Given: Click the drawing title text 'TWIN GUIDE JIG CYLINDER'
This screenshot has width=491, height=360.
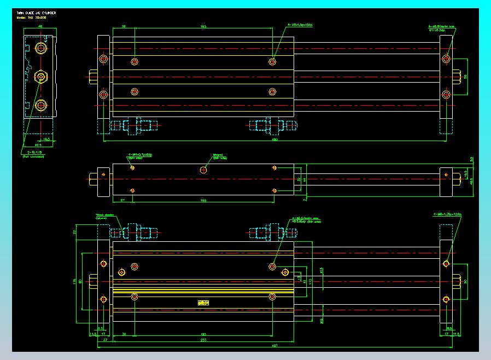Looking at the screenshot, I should pyautogui.click(x=36, y=12).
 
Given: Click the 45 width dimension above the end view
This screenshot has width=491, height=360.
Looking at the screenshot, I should pyautogui.click(x=40, y=26).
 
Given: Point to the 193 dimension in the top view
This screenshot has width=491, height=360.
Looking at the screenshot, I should pyautogui.click(x=203, y=26).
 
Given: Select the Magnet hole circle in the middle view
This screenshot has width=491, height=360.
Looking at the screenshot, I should pyautogui.click(x=203, y=170).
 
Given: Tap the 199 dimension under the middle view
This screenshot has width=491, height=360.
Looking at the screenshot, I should pyautogui.click(x=203, y=201).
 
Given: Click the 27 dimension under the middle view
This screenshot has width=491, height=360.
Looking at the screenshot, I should pyautogui.click(x=122, y=201).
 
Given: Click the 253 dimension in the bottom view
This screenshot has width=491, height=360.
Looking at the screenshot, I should pyautogui.click(x=203, y=340).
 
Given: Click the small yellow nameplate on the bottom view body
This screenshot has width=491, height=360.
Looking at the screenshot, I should pyautogui.click(x=203, y=302).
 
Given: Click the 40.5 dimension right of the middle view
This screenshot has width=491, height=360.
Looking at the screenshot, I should pyautogui.click(x=472, y=182).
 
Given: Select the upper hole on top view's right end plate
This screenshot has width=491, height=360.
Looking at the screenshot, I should pyautogui.click(x=446, y=59).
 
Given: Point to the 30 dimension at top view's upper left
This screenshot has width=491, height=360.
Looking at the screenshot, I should pyautogui.click(x=124, y=26).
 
